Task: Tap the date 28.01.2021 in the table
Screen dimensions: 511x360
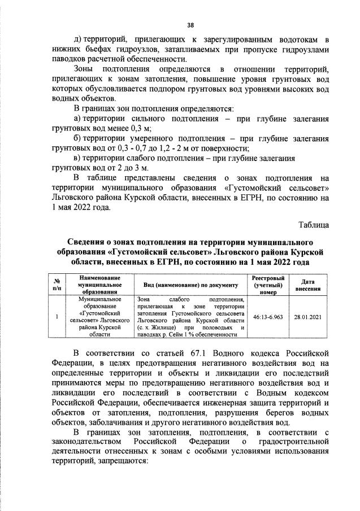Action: pos(307,317)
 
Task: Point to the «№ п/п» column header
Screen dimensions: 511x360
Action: pos(57,285)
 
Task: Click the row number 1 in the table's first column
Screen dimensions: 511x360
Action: pos(57,317)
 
